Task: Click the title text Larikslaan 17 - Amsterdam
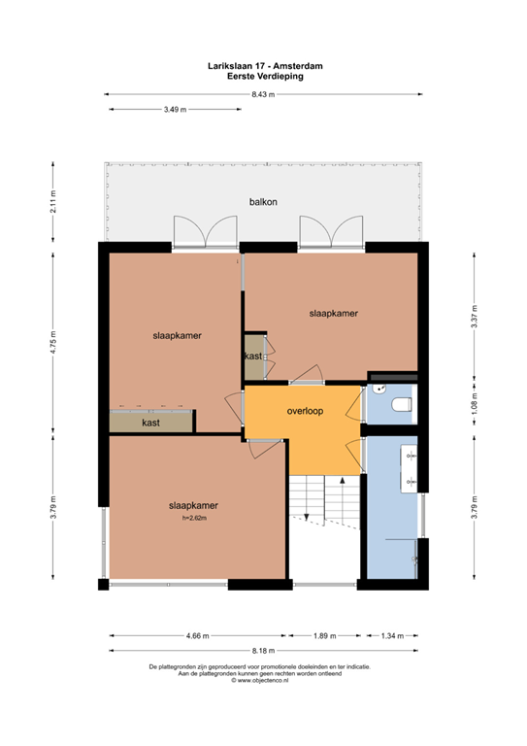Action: [x=265, y=66]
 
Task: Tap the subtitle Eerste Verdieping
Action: [x=265, y=76]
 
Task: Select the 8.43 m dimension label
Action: [x=263, y=94]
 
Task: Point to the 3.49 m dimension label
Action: [x=176, y=110]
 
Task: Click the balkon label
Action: [x=263, y=202]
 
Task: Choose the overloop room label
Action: [x=305, y=411]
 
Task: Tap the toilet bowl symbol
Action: [x=402, y=404]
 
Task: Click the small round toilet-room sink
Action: [x=379, y=389]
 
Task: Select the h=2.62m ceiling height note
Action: [x=194, y=518]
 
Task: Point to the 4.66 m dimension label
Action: [x=198, y=635]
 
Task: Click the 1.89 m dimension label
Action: [x=324, y=635]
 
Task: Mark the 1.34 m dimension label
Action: [x=392, y=635]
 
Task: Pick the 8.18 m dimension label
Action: [x=264, y=651]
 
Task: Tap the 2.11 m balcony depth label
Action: [x=52, y=202]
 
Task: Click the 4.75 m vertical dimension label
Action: [x=52, y=343]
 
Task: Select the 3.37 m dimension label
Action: [x=475, y=317]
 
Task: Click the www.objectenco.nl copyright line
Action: [x=260, y=680]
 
